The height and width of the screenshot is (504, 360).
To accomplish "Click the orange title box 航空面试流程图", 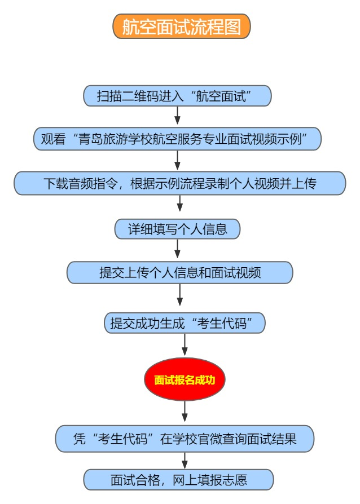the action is [x=182, y=26].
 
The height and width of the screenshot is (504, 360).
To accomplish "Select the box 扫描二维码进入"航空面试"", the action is [x=177, y=96].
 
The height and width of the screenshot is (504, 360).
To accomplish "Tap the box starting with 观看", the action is [x=177, y=139].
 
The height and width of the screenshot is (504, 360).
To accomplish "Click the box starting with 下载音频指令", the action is [x=180, y=183].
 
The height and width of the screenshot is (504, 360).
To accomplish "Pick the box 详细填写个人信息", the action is [x=177, y=229].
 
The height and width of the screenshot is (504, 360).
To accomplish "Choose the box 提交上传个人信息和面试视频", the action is [x=180, y=272].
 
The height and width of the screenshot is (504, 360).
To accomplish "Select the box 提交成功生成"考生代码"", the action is [x=185, y=323].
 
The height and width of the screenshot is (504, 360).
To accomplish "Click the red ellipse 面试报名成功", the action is [x=185, y=379].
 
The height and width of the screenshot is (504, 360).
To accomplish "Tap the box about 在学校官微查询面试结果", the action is [x=185, y=439].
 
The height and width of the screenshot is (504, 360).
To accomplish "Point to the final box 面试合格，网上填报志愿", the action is [x=178, y=480].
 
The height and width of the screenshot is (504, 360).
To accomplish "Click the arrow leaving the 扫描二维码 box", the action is [x=177, y=116].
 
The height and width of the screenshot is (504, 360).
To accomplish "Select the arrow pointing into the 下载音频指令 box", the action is [x=177, y=160].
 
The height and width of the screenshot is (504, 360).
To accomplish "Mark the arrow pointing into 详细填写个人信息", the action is [x=180, y=203].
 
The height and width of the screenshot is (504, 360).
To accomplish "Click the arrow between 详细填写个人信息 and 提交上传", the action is [x=177, y=249].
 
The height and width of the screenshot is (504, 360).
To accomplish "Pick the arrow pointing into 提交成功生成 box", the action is [x=180, y=294].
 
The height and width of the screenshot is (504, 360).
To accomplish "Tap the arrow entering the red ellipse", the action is [x=185, y=344].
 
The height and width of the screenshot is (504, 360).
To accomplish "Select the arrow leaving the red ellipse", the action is [x=185, y=411].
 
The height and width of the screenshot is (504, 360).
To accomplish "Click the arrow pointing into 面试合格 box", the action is [x=185, y=461].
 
